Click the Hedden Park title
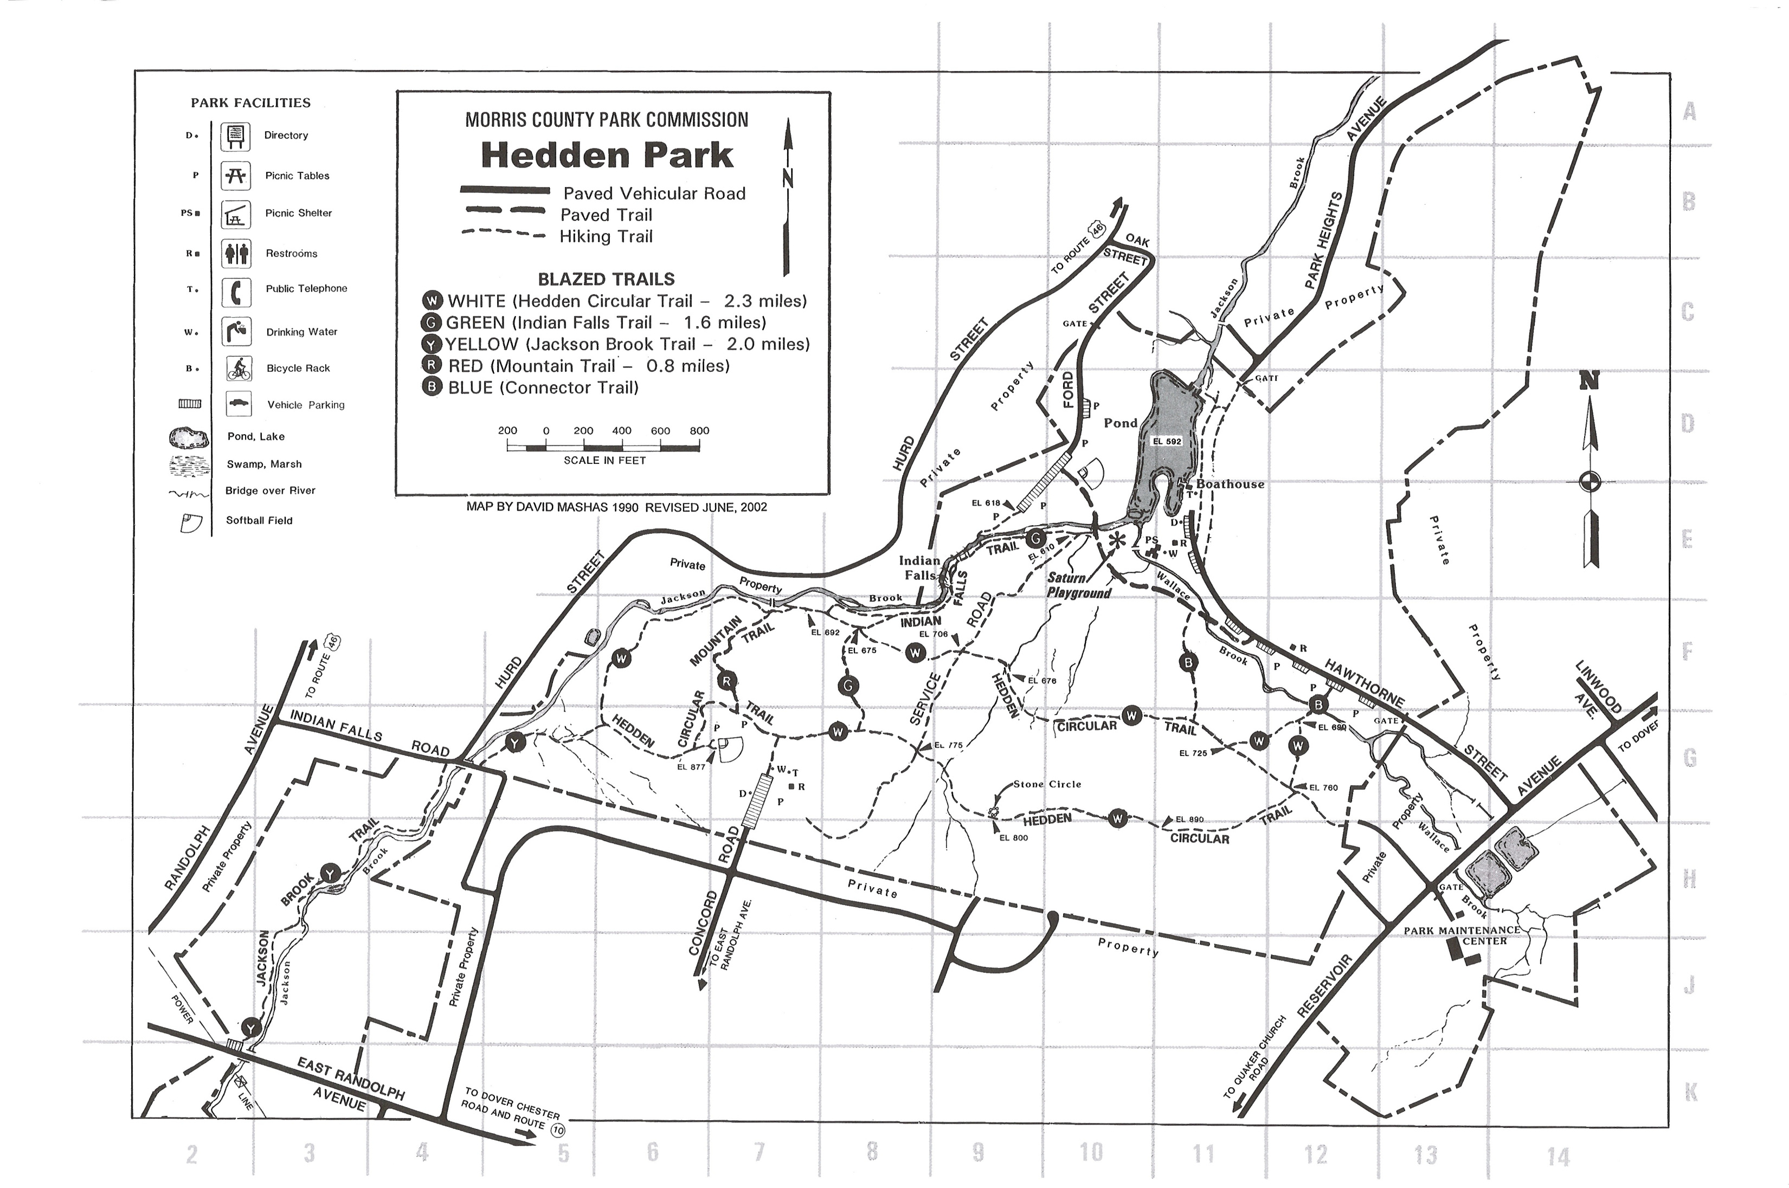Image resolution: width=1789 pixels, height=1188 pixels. (607, 156)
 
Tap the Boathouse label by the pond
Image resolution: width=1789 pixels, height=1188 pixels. (1230, 484)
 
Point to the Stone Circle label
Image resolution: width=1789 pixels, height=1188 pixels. (1047, 784)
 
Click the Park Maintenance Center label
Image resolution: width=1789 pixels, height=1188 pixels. (1462, 935)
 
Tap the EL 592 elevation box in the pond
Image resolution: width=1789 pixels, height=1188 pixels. (1167, 441)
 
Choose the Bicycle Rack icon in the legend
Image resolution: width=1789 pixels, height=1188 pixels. (239, 369)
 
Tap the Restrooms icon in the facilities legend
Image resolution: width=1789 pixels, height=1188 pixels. (236, 254)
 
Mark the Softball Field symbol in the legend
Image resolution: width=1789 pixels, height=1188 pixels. (191, 523)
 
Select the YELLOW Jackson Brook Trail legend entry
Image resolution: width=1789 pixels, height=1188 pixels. (616, 344)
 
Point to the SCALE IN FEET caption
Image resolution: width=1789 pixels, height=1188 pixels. (604, 460)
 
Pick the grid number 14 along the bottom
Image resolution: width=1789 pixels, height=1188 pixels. (1558, 1156)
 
